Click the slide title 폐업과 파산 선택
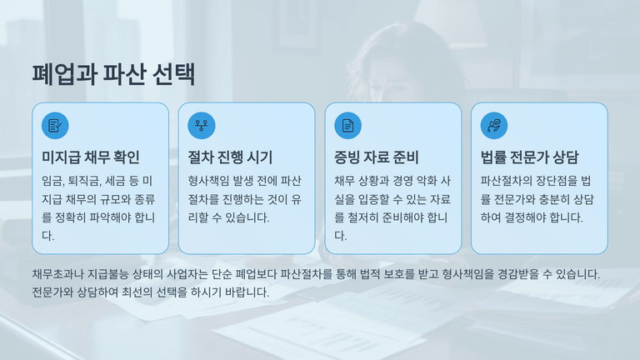coord(113,74)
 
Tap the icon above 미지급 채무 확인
coord(55,125)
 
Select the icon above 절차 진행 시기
coord(202,125)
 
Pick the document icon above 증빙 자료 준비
coord(347,125)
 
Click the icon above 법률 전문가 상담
coord(494,125)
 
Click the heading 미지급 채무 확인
coord(91,157)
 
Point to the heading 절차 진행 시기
coord(231,157)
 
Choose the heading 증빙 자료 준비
coord(377,157)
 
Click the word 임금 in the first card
coord(52,181)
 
